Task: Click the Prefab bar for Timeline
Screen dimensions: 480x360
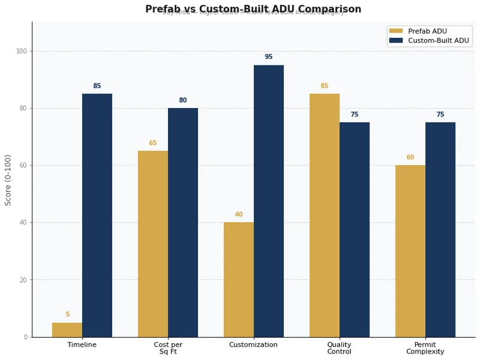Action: (67, 330)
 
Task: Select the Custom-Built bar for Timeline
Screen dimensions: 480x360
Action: (97, 216)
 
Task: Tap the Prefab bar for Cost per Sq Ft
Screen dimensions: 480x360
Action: (153, 244)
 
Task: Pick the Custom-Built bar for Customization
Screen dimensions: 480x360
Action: (269, 201)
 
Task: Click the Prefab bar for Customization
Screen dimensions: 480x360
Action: (239, 280)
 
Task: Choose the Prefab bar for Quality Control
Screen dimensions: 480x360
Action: (325, 216)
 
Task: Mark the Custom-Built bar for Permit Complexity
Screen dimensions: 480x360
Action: (440, 230)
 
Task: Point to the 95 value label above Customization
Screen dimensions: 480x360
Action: (269, 57)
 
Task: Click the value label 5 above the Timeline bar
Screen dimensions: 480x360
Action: (67, 314)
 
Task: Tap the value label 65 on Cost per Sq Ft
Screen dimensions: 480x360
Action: (153, 143)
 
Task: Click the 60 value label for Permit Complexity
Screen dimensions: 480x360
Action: (410, 158)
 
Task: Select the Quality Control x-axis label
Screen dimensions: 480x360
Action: (339, 348)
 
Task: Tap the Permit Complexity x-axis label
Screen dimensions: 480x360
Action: (425, 348)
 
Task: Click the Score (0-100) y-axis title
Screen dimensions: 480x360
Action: (8, 179)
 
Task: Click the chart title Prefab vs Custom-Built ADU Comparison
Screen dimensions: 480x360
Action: (253, 9)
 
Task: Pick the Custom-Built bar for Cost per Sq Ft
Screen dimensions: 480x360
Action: (183, 223)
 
